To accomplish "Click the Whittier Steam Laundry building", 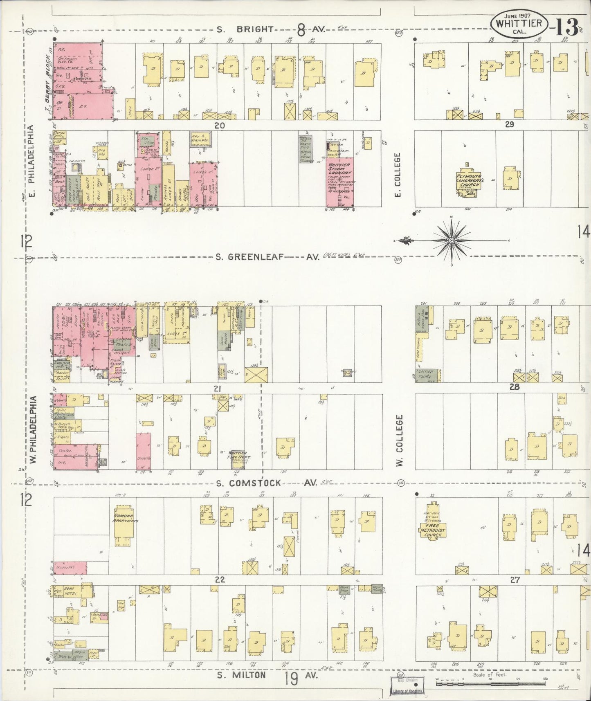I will pos(340,182).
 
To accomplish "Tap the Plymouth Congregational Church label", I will pos(468,182).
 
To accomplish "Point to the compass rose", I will pos(451,241).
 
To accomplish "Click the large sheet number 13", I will pos(568,27).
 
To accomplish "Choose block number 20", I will pos(220,126).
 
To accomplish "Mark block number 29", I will pos(509,124).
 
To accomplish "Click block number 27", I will pos(515,580).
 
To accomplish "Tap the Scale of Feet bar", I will pos(491,681).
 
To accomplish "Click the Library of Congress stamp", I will pos(407,691).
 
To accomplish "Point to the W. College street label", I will pos(400,440).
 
